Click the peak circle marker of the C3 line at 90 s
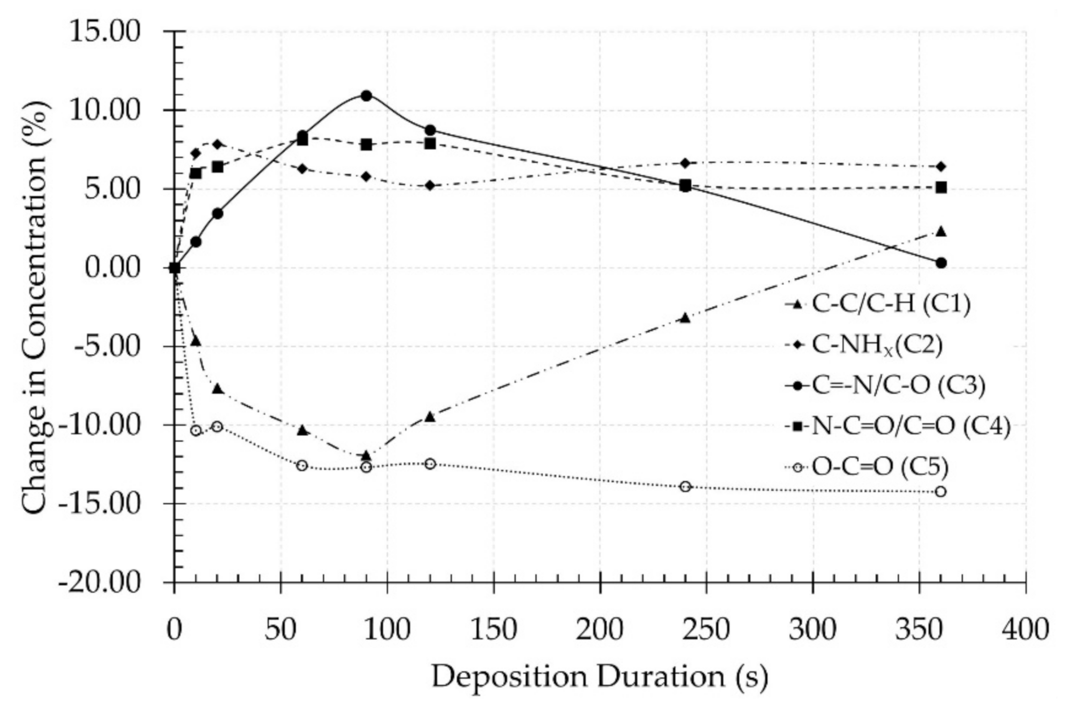pyautogui.click(x=366, y=96)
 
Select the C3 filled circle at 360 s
pyautogui.click(x=941, y=263)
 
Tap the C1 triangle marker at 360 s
pyautogui.click(x=941, y=231)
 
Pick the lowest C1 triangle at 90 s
pyautogui.click(x=366, y=455)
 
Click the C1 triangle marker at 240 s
pyautogui.click(x=685, y=318)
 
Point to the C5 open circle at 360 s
pyautogui.click(x=941, y=491)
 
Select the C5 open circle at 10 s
pyautogui.click(x=196, y=430)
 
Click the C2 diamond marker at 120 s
pyautogui.click(x=430, y=185)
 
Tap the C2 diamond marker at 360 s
pyautogui.click(x=941, y=166)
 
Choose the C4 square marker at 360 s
pyautogui.click(x=941, y=188)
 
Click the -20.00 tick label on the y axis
pyautogui.click(x=100, y=583)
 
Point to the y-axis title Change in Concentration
pyautogui.click(x=35, y=307)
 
